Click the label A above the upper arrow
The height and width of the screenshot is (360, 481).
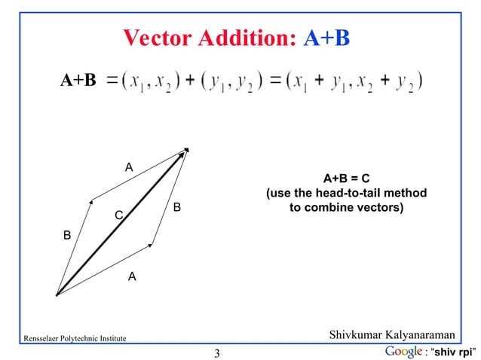tap(129, 166)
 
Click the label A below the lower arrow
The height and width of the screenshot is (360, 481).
tap(132, 276)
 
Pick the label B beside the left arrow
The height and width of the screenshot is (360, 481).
tap(67, 236)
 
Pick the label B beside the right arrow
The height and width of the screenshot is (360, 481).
tap(176, 206)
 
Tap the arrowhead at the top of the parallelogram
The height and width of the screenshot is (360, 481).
tap(185, 151)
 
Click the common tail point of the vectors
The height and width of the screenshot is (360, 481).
tap(57, 295)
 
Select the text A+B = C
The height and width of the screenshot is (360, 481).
tap(346, 178)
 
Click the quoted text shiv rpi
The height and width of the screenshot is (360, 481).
tap(452, 351)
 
